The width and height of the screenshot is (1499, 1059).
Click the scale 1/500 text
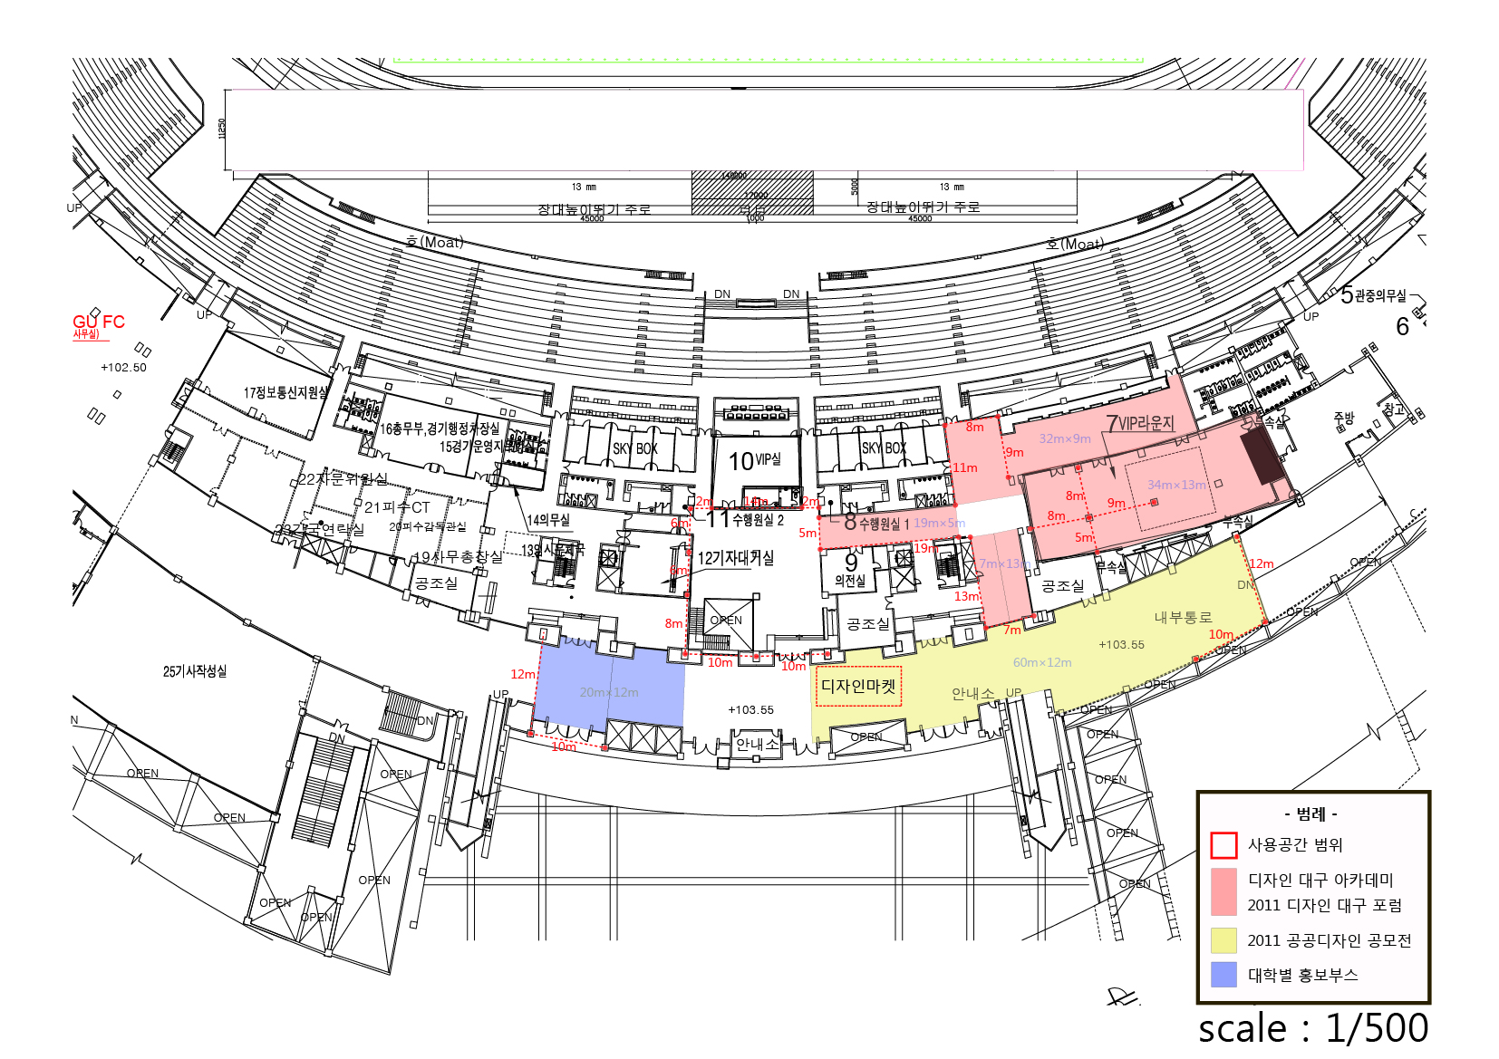1312,1028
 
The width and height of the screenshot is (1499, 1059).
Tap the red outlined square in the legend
1223,845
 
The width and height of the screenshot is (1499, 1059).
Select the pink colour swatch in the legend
1223,892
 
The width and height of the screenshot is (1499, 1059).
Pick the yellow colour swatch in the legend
1223,940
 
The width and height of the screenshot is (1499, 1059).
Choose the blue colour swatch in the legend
1223,975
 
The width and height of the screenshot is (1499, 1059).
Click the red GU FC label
98,323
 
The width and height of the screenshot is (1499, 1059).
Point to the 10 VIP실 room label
754,461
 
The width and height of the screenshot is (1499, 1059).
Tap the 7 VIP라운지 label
1139,423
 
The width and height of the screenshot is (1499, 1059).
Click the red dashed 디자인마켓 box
858,687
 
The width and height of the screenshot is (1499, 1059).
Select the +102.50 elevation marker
123,368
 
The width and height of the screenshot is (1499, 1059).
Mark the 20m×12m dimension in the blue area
609,693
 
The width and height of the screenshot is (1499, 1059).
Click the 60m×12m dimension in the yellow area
1042,663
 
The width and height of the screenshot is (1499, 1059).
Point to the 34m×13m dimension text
1176,486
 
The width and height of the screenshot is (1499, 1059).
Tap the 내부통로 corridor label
1183,618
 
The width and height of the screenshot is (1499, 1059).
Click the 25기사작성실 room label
195,671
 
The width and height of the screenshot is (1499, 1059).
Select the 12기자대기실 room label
735,558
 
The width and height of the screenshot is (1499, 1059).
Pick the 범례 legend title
1311,814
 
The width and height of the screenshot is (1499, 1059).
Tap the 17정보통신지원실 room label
285,392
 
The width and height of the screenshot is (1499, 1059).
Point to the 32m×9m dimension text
1065,439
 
